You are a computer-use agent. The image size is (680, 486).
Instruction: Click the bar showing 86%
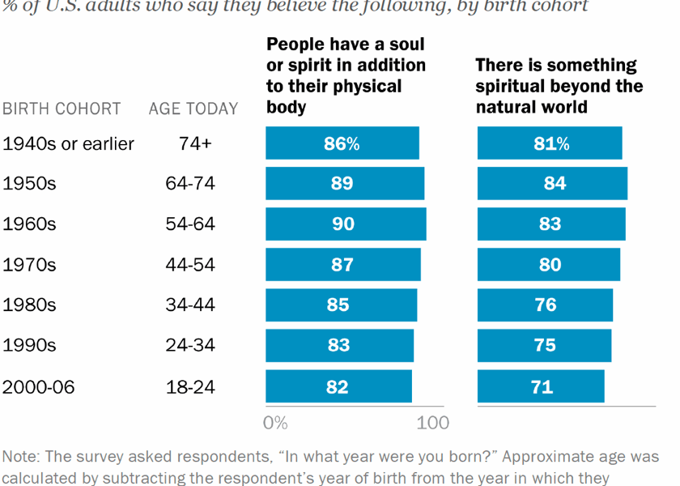(342, 143)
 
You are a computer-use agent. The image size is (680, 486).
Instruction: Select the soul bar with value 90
(346, 224)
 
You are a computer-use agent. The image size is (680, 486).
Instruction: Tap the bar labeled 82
(338, 386)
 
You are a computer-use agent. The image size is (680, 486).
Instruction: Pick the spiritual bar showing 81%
(550, 143)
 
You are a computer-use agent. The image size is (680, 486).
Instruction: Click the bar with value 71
(541, 386)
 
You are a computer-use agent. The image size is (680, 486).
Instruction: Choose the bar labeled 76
(545, 305)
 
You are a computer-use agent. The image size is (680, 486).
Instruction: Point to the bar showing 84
(552, 183)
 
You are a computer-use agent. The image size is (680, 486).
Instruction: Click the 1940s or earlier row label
(69, 144)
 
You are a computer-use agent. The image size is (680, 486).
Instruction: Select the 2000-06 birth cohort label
(39, 387)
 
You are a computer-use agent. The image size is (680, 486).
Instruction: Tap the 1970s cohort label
(30, 265)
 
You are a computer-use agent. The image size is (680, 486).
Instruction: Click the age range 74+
(194, 144)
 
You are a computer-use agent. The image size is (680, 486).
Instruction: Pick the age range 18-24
(190, 387)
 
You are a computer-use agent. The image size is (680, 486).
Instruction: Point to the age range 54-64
(190, 224)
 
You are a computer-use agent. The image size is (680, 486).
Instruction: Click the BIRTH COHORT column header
(62, 109)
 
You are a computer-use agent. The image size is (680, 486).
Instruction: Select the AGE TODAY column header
(193, 109)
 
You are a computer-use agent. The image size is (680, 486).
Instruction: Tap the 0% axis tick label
(275, 422)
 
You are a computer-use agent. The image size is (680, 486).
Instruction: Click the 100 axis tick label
(433, 422)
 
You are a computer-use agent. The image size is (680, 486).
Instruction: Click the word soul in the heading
(405, 45)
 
